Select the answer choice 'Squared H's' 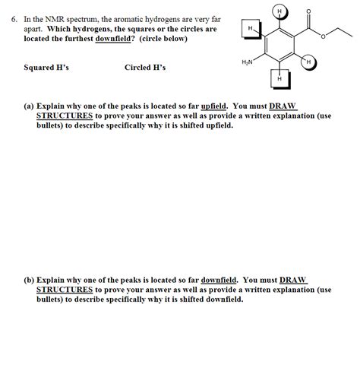point(46,68)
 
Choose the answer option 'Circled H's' point(145,68)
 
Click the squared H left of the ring point(250,29)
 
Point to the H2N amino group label point(248,61)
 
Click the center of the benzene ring point(279,45)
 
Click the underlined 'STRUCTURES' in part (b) point(65,290)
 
